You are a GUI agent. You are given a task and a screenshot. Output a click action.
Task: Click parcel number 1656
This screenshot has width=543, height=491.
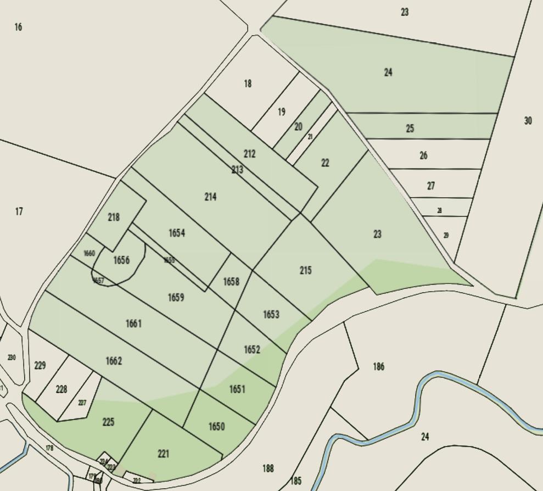click(121, 260)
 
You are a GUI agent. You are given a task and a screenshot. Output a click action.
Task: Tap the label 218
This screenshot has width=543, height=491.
click(114, 217)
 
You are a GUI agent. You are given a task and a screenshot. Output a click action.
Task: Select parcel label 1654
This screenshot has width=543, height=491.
click(176, 233)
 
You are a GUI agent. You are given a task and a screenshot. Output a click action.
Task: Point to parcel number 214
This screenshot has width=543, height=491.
click(210, 197)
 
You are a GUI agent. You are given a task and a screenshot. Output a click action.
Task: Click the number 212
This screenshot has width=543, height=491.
click(249, 154)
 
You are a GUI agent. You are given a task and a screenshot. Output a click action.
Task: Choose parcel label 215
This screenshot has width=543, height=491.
click(305, 270)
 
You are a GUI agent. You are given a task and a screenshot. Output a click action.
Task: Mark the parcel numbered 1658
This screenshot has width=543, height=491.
click(231, 282)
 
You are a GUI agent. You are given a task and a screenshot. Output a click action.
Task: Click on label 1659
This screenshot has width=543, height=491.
click(176, 298)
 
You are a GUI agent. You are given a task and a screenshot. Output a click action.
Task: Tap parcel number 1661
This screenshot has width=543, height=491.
click(133, 323)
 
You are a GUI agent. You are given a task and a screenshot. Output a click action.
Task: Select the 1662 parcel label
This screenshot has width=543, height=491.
click(114, 361)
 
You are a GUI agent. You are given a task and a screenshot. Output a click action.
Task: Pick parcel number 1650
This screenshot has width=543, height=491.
click(217, 427)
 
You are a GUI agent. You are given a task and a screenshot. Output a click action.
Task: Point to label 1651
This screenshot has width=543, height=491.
click(237, 389)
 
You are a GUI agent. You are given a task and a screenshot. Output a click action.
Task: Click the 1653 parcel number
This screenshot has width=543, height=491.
click(271, 315)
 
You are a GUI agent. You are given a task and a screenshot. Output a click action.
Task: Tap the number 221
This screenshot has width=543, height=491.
click(163, 454)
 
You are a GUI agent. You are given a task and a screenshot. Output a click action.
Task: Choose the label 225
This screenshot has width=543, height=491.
click(108, 422)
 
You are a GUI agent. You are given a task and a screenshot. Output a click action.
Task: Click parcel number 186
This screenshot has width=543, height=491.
click(378, 366)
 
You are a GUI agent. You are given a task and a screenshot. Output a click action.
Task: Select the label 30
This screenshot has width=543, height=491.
click(528, 121)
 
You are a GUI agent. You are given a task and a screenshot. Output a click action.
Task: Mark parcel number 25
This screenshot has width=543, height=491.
click(410, 129)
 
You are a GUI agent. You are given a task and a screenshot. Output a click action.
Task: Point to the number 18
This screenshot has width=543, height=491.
click(248, 83)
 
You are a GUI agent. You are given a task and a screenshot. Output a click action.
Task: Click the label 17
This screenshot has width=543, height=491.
click(19, 211)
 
